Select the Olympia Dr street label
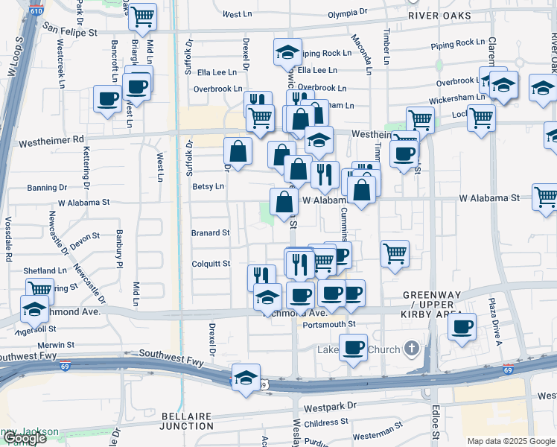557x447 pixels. (x=348, y=13)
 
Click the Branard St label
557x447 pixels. (x=211, y=232)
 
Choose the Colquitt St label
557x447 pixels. (x=211, y=263)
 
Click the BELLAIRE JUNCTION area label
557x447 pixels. (x=186, y=420)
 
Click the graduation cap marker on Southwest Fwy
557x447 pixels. (x=246, y=378)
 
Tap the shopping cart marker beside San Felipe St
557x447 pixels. (x=142, y=16)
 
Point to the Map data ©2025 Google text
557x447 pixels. (x=510, y=441)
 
